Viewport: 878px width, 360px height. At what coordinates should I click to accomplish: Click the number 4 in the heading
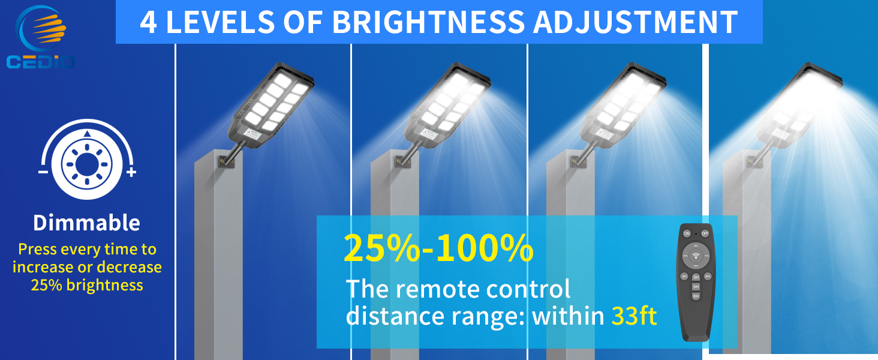point(149,23)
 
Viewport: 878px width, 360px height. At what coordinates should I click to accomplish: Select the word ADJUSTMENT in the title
point(636,22)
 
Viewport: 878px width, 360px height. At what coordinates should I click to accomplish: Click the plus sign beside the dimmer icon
point(131,173)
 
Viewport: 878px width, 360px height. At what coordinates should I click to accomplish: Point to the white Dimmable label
point(86,223)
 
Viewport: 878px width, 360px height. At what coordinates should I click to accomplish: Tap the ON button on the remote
point(686,233)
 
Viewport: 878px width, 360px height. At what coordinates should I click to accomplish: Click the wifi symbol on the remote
point(696,255)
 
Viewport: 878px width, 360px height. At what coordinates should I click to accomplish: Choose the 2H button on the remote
point(684,276)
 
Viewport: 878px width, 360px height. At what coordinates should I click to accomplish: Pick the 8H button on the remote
point(696,296)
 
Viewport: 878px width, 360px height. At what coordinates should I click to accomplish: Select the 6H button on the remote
point(708,276)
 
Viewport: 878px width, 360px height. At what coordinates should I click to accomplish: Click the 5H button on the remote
point(696,287)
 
